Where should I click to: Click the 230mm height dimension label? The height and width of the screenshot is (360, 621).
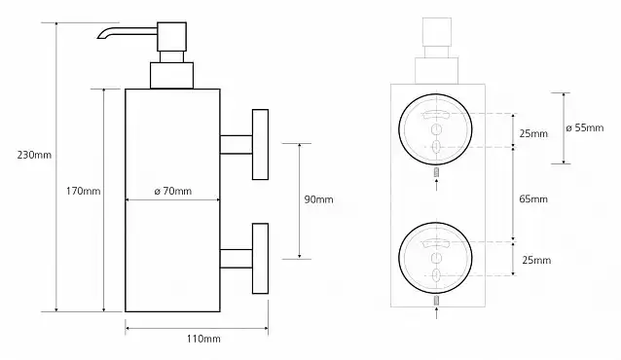[x=34, y=155]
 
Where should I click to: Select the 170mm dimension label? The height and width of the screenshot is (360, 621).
[x=83, y=191]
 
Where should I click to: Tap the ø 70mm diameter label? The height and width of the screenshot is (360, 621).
[x=172, y=191]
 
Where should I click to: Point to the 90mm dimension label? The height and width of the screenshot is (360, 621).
[x=318, y=199]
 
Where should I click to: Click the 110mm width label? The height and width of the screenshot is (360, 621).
[x=203, y=339]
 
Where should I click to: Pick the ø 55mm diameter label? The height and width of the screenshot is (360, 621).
[x=585, y=127]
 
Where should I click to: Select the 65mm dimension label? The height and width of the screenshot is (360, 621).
[x=533, y=198]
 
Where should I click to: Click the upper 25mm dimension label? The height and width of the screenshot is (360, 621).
[x=533, y=133]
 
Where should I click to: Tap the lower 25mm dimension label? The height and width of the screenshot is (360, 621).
[x=536, y=260]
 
